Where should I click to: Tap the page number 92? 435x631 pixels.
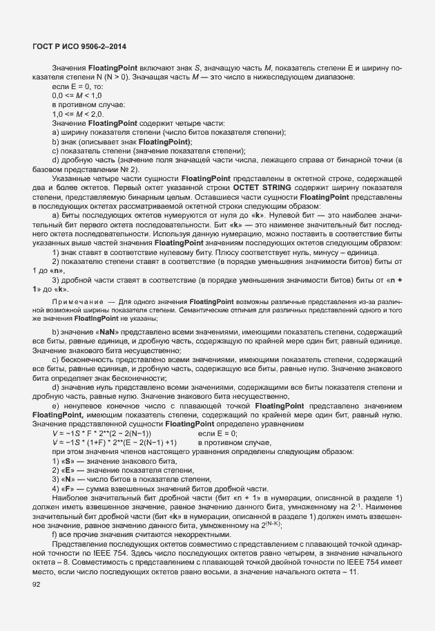(x=37, y=584)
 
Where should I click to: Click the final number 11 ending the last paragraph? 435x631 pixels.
(x=353, y=571)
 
